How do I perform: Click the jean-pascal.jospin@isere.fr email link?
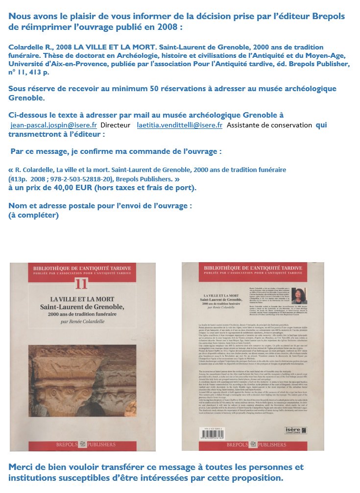click(53, 125)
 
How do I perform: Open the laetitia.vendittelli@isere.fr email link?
click(179, 125)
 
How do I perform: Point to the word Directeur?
click(116, 125)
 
